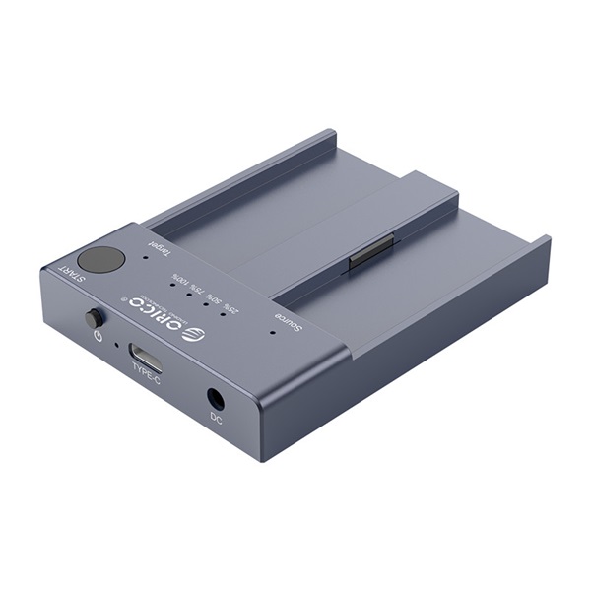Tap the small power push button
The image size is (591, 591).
click(x=96, y=319)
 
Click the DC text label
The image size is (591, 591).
click(x=216, y=418)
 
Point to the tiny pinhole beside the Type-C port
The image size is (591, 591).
click(x=117, y=346)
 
